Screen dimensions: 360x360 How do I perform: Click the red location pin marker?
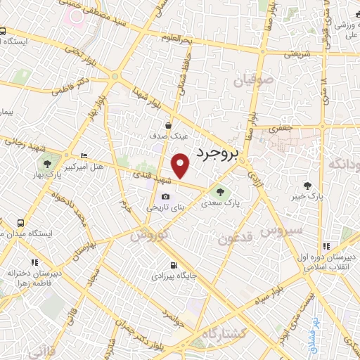(x=181, y=165)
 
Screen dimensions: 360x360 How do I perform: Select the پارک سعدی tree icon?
(x=221, y=191)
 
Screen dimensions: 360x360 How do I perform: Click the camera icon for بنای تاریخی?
(x=165, y=197)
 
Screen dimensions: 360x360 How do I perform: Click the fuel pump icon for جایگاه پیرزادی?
(x=173, y=266)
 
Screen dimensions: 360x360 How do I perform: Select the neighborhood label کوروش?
(x=149, y=233)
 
